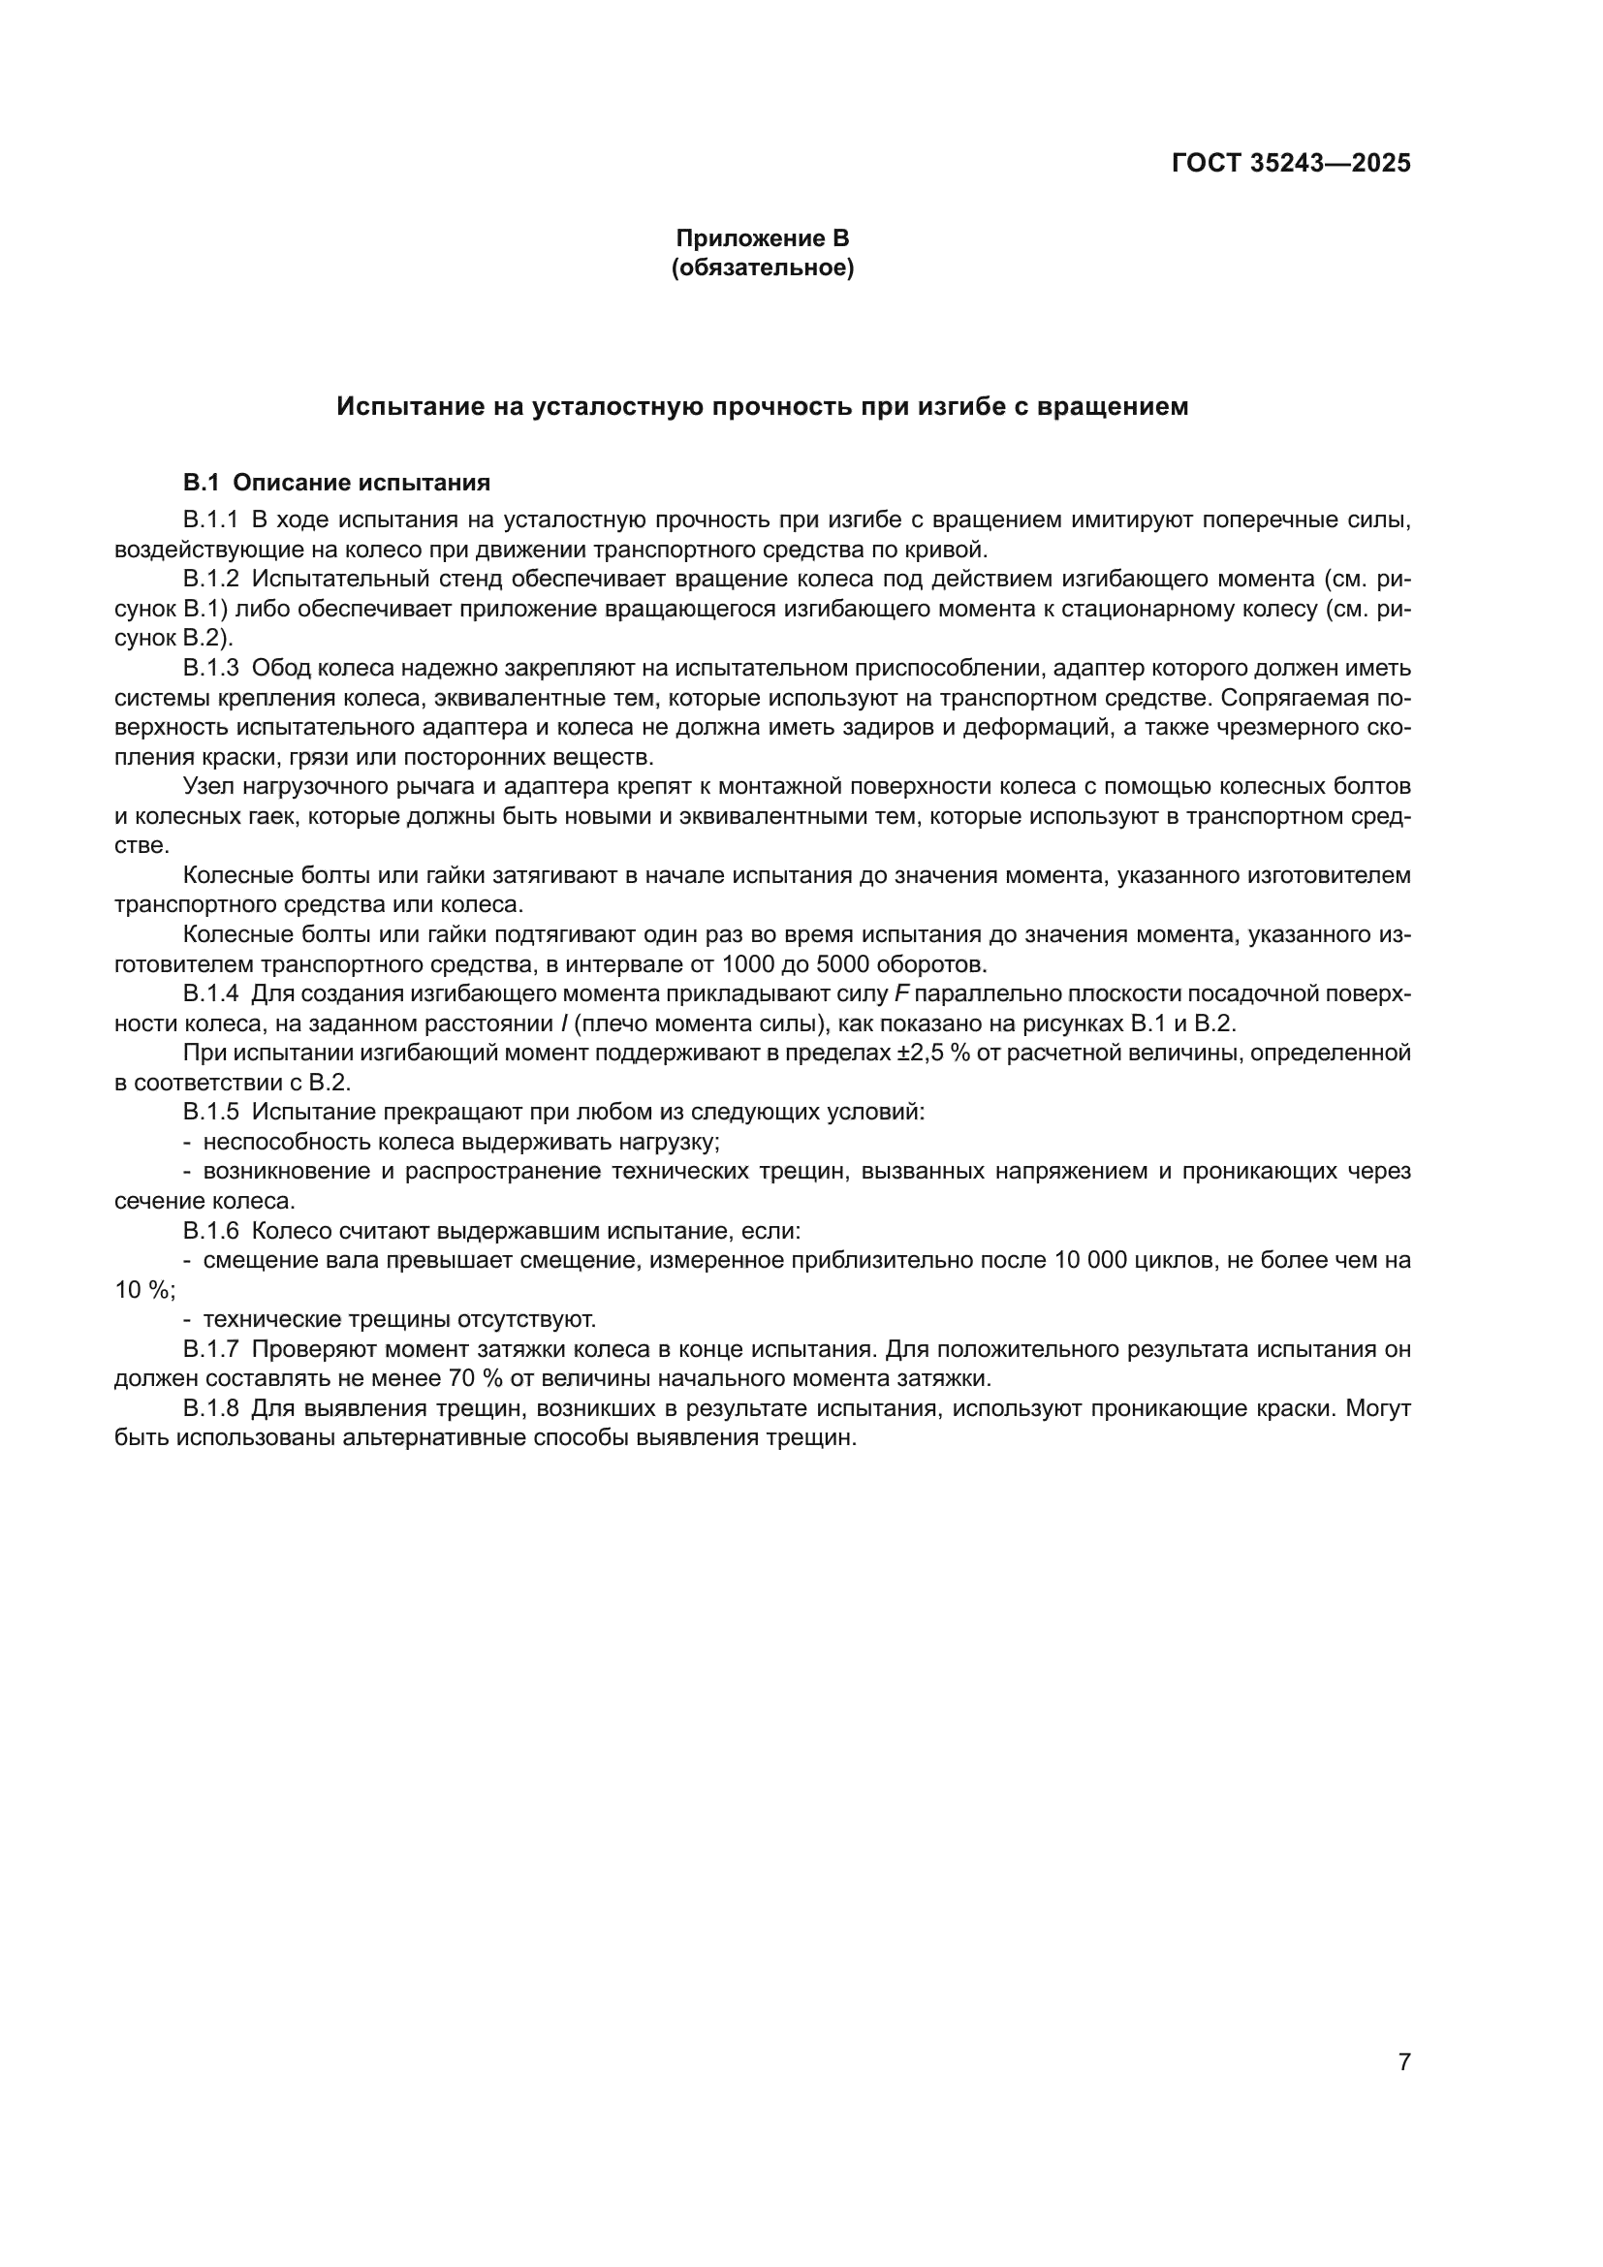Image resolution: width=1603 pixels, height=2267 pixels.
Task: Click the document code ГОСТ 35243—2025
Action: pos(1290,163)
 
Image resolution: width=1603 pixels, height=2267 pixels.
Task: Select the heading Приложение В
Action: pos(762,238)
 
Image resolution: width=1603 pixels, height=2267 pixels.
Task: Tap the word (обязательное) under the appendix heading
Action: pos(762,268)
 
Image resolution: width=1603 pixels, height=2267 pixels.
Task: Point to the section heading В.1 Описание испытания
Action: pos(336,483)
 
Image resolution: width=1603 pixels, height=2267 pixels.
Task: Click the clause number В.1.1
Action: pos(210,520)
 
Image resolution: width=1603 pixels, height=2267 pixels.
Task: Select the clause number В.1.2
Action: pos(210,579)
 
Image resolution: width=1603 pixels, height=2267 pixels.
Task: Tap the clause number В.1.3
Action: pos(210,668)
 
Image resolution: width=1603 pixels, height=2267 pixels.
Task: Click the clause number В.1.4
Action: pos(210,993)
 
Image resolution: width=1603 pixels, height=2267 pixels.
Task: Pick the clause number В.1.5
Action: pos(210,1112)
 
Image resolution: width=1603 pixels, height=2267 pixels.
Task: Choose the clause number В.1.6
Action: pos(210,1230)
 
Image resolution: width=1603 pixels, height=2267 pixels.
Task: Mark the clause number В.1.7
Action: pos(210,1349)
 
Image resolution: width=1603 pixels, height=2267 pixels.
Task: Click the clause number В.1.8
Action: pos(210,1408)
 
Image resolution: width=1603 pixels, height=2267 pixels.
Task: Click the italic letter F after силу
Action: pos(901,993)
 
